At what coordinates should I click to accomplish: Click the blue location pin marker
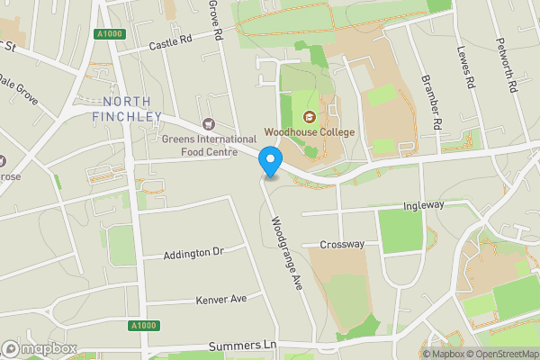point(270,162)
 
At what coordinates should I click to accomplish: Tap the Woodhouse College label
point(310,133)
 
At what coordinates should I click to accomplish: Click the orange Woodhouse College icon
point(310,117)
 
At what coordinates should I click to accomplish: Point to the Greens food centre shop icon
point(210,124)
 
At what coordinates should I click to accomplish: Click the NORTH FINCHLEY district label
point(127,108)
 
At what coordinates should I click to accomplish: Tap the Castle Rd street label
point(171,42)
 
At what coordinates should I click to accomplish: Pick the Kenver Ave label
point(220,298)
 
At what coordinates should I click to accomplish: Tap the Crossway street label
point(343,244)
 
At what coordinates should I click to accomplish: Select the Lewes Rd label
point(465,67)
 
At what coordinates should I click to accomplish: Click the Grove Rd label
point(215,20)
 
